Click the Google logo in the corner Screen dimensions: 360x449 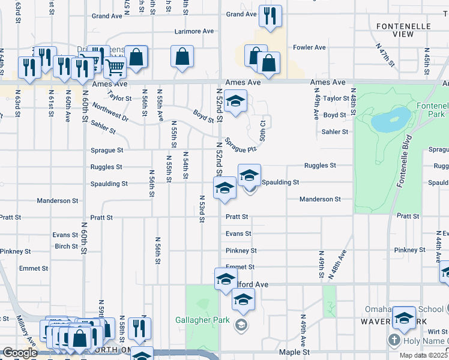20,353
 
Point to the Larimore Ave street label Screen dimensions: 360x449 194,31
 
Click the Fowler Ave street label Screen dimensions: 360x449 309,47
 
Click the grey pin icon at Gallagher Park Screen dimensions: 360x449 241,325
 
